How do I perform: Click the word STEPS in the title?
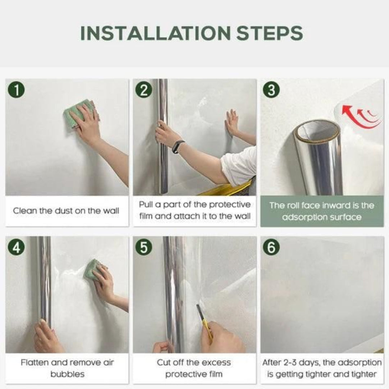pyautogui.click(x=270, y=33)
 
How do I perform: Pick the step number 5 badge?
pyautogui.click(x=144, y=247)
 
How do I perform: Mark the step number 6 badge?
pyautogui.click(x=271, y=247)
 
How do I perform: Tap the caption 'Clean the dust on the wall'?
pyautogui.click(x=66, y=211)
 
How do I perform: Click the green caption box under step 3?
pyautogui.click(x=322, y=211)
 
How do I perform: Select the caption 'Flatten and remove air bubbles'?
pyautogui.click(x=67, y=368)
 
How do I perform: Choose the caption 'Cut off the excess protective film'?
pyautogui.click(x=194, y=368)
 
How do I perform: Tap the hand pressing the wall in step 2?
pyautogui.click(x=232, y=122)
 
